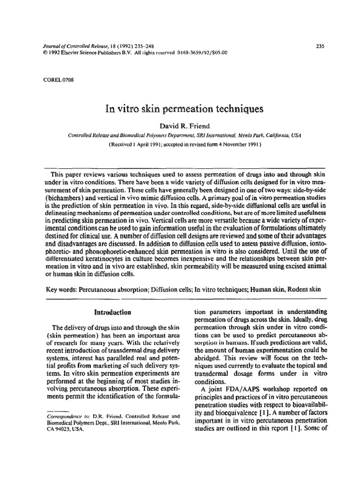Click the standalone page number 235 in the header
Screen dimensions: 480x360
point(321,46)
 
